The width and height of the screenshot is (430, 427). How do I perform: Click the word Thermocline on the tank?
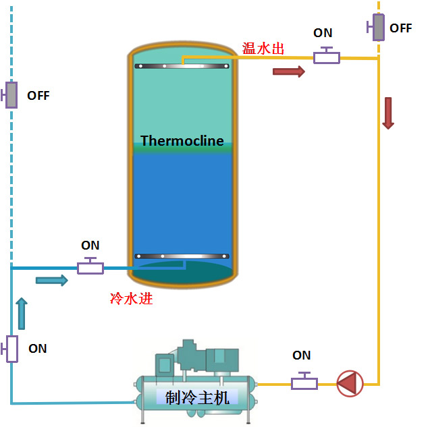182,141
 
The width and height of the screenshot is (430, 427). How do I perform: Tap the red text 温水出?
263,49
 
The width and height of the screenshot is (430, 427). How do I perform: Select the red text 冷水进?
131,298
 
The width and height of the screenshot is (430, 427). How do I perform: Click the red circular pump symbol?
350,383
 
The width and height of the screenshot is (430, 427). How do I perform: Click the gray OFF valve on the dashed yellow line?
378,27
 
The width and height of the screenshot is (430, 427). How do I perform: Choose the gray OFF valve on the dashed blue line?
11,95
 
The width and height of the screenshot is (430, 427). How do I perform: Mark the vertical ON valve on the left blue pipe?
11,348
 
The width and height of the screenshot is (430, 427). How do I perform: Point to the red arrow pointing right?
288,72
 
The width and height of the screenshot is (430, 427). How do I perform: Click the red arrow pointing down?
388,113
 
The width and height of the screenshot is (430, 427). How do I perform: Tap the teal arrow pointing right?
52,280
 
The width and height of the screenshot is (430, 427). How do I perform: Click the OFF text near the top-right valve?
401,28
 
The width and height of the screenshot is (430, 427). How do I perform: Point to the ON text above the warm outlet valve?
323,33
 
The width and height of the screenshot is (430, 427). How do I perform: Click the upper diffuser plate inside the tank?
182,66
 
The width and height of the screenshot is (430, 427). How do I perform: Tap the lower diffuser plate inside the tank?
182,256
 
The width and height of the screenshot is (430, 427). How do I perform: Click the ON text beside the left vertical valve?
38,348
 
